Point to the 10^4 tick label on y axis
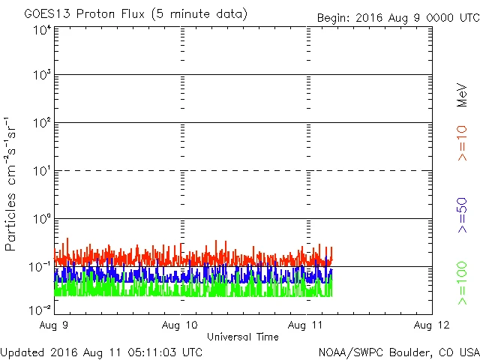[x=42, y=30]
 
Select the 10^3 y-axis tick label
[x=42, y=76]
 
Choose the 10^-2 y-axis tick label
[x=40, y=310]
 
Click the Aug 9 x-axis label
[x=55, y=325]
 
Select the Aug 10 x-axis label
[x=181, y=325]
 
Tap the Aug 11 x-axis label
[x=307, y=325]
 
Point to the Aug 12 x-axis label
[x=432, y=325]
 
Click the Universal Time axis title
[x=243, y=337]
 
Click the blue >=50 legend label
[x=462, y=216]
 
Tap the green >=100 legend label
[x=462, y=283]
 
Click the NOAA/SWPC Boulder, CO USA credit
[x=398, y=351]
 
